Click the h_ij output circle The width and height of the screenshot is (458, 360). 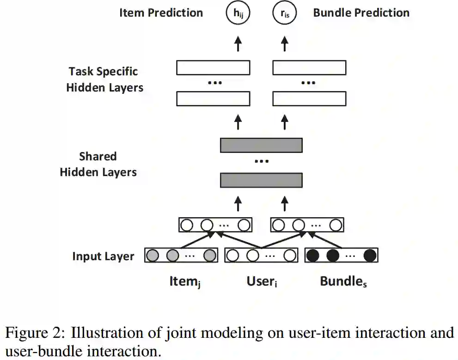pos(238,12)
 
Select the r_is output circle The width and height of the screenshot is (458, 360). pos(285,12)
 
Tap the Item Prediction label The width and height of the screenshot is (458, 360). pos(161,12)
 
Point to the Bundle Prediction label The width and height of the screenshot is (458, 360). pos(361,12)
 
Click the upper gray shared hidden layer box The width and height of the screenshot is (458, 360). pos(261,145)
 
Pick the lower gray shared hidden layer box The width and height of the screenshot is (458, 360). pos(261,180)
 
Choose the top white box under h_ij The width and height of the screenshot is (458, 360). pos(213,68)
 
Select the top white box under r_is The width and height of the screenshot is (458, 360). pos(309,68)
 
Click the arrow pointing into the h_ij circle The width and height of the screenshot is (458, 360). pos(238,44)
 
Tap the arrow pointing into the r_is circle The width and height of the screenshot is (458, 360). pos(285,44)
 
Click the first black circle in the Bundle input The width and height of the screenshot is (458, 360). pos(312,256)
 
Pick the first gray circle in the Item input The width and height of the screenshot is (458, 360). pos(153,256)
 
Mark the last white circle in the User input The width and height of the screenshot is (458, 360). pos(290,256)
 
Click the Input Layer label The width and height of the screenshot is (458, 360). pos(103,256)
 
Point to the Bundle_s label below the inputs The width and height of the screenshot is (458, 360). pos(343,281)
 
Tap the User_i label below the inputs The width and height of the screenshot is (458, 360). pos(262,281)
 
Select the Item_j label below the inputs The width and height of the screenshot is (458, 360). pos(185,282)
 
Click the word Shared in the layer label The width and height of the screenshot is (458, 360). pos(98,156)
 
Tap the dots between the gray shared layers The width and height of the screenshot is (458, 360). pos(262,161)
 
